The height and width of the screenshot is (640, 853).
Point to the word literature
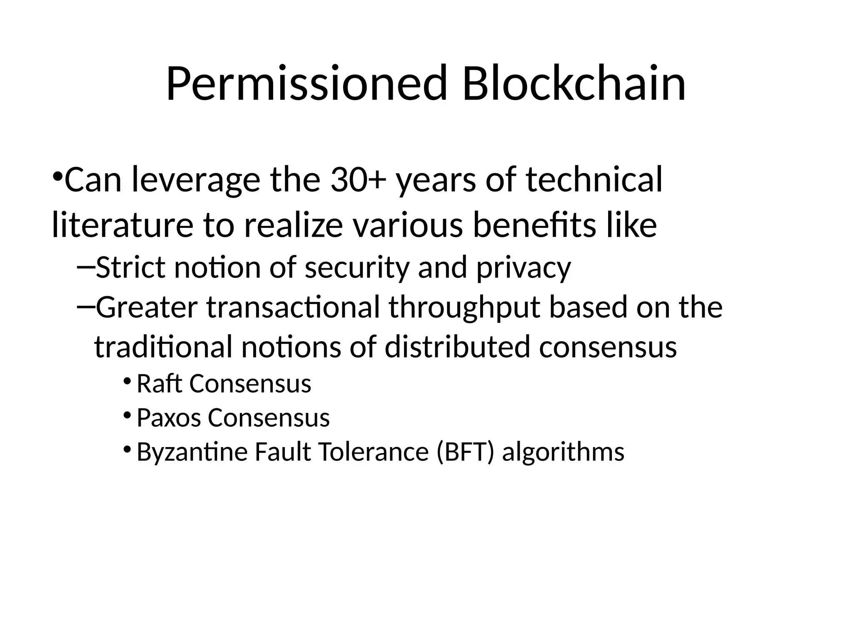tap(122, 225)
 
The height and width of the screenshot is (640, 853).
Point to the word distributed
tap(457, 347)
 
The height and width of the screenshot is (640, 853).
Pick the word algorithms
tap(563, 452)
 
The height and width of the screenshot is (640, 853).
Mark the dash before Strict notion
tap(86, 266)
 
